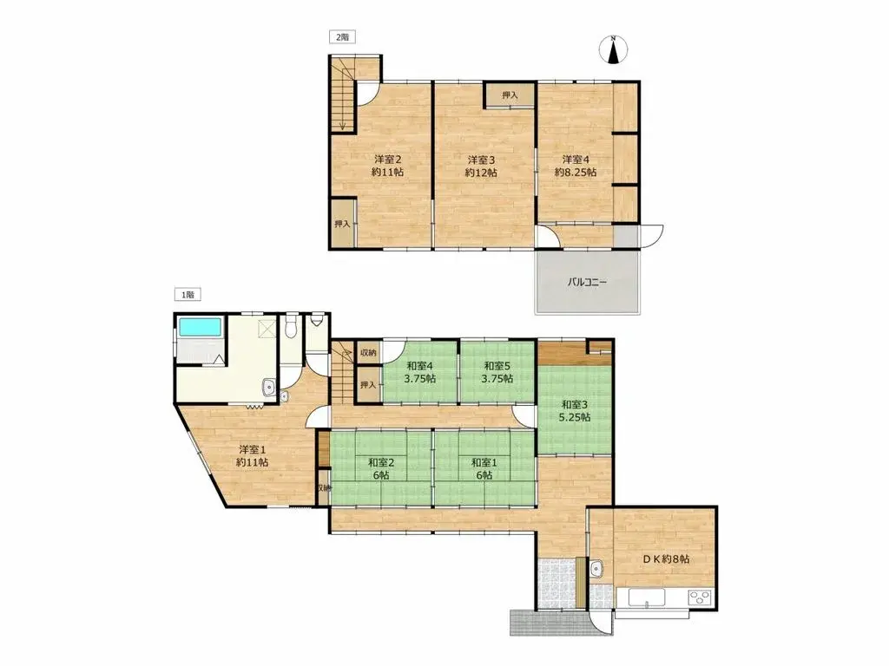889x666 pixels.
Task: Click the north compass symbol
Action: [x=614, y=49]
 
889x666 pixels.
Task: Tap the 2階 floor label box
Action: [x=342, y=37]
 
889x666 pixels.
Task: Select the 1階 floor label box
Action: [x=188, y=295]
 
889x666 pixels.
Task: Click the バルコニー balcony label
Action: [x=588, y=282]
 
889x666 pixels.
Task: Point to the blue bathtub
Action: [x=200, y=327]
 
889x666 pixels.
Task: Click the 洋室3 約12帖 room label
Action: [x=481, y=166]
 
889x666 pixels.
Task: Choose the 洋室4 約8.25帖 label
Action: [x=576, y=166]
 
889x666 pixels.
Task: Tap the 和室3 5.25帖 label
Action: [x=575, y=410]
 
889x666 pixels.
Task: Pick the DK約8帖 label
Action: [x=666, y=559]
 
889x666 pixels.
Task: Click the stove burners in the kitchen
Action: [x=701, y=598]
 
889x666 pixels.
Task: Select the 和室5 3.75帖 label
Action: [x=497, y=372]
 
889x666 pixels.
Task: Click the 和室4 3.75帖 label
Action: [x=420, y=372]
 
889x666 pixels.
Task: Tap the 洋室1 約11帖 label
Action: [x=253, y=456]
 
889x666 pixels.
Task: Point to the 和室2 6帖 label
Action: [x=381, y=469]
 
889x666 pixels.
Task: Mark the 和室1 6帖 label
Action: [x=484, y=469]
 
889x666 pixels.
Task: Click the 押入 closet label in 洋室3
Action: [x=510, y=95]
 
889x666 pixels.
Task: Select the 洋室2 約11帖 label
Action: [x=388, y=166]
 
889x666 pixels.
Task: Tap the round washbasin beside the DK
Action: [x=596, y=569]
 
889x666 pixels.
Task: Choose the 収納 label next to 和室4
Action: [x=368, y=353]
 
